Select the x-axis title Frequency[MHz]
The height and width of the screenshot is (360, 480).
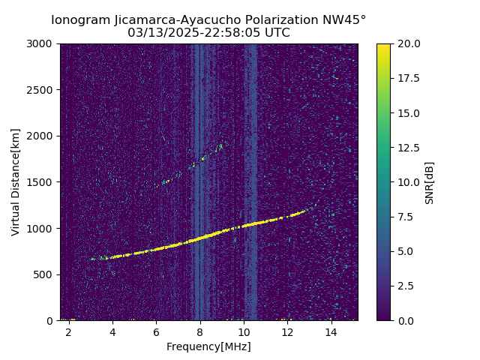[208, 346]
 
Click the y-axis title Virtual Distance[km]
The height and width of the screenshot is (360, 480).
[15, 181]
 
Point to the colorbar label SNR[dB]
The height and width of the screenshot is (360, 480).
[430, 182]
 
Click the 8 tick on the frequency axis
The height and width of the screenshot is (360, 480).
[200, 331]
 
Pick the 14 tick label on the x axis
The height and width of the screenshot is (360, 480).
[331, 331]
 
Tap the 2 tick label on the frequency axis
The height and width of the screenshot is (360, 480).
[69, 331]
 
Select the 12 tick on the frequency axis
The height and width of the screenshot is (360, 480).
[287, 331]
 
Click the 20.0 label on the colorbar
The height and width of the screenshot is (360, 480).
[409, 43]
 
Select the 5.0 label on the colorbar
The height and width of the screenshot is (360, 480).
[406, 251]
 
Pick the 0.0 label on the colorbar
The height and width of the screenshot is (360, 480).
[406, 320]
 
